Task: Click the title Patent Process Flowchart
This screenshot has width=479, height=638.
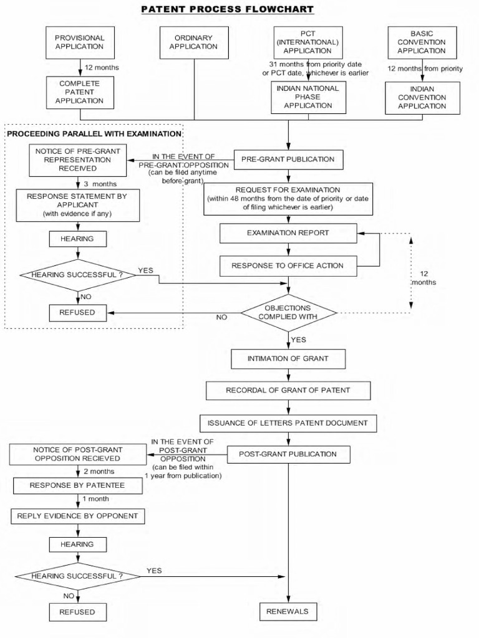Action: click(227, 9)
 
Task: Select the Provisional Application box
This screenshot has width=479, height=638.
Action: click(80, 42)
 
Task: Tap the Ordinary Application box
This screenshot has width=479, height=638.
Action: click(194, 42)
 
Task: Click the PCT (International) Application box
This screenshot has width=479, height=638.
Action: click(307, 42)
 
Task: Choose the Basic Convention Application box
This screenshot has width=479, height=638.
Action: click(422, 42)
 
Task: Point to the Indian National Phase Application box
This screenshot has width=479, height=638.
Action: click(307, 97)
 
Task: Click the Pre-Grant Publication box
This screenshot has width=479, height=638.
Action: click(288, 159)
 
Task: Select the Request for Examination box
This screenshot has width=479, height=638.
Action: click(288, 198)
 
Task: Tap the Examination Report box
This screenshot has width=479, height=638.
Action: click(288, 233)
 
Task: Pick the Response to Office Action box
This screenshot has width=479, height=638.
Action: click(288, 265)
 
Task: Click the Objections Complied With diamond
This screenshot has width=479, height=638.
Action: click(288, 312)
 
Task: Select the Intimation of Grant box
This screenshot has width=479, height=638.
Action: click(288, 359)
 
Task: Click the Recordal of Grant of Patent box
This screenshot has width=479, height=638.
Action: click(288, 391)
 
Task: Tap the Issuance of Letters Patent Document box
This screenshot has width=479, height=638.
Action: click(288, 423)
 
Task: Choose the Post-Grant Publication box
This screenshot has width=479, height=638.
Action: click(288, 454)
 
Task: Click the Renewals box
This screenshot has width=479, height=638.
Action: click(288, 611)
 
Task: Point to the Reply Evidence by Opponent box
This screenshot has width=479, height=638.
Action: click(77, 516)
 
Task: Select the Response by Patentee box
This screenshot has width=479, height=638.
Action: click(77, 485)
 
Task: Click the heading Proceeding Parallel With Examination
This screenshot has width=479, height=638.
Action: click(94, 134)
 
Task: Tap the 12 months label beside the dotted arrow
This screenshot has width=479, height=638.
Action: click(423, 278)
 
